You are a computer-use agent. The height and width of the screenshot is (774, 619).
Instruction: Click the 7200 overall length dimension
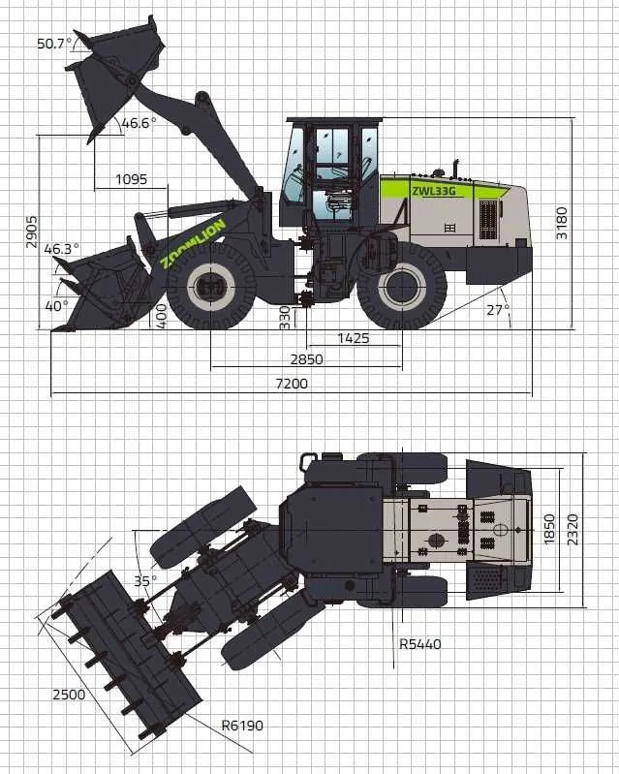coord(292,384)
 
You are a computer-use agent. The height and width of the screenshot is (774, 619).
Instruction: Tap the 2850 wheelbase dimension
coord(306,359)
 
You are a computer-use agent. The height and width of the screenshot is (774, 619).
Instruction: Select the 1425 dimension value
coord(354,338)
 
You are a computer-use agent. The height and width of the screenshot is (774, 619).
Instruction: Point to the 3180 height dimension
coord(562,223)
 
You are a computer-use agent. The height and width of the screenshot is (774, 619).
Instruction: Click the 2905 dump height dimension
coord(32,231)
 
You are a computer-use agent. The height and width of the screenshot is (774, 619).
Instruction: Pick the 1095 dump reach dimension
coord(132,178)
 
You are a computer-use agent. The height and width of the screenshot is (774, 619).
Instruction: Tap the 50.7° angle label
coord(54,44)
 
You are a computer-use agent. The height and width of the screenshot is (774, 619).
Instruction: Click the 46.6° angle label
coord(139,123)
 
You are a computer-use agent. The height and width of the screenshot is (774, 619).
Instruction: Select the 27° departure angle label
coord(498,310)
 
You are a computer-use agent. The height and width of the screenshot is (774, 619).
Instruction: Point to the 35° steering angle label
coord(145,580)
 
